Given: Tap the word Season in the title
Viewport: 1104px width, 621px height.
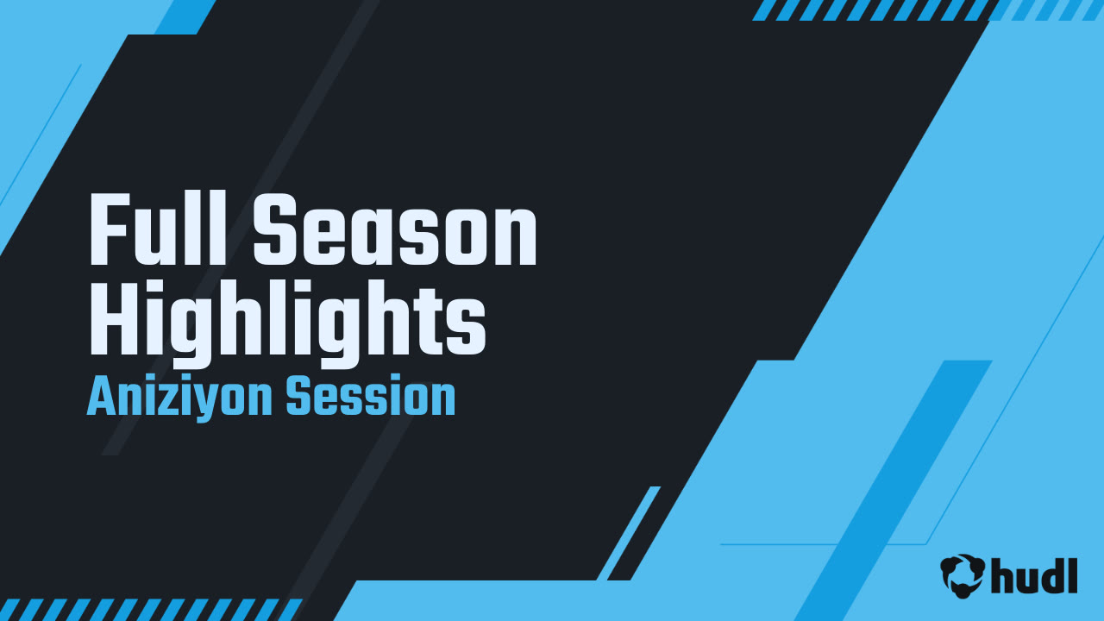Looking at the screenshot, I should pyautogui.click(x=395, y=231).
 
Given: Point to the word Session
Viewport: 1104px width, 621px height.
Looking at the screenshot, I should pyautogui.click(x=370, y=398).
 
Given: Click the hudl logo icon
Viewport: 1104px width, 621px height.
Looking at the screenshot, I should pyautogui.click(x=963, y=575).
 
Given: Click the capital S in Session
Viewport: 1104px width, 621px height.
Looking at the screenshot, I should pyautogui.click(x=298, y=398).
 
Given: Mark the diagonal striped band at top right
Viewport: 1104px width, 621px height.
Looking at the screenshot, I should pyautogui.click(x=923, y=9).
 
